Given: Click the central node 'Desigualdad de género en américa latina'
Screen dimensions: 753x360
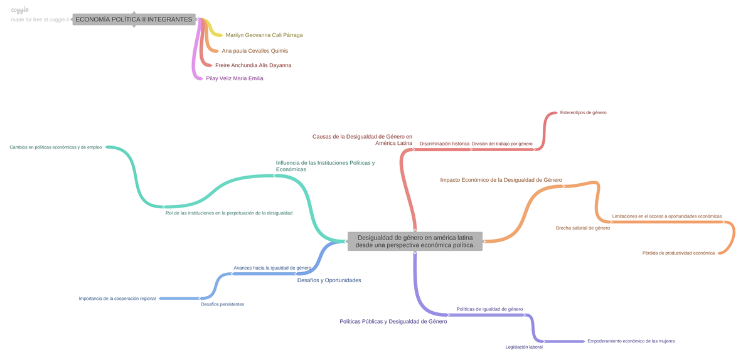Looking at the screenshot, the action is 415,241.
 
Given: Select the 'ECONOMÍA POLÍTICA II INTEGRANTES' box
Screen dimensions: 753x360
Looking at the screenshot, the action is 134,19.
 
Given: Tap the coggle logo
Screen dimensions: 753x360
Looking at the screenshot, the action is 20,10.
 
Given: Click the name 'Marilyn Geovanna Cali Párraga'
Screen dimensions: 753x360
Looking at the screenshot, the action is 264,35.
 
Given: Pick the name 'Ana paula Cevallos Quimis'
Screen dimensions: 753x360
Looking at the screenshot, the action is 255,51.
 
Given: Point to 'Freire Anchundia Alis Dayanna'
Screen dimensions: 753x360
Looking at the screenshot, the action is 253,65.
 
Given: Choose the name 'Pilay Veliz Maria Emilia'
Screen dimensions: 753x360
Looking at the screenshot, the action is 235,78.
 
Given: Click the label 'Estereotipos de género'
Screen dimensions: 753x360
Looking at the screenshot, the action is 583,113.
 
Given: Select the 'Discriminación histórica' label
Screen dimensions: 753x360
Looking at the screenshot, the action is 444,144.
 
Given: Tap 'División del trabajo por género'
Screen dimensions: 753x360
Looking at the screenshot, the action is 502,144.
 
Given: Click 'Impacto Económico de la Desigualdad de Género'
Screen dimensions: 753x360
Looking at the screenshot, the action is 501,180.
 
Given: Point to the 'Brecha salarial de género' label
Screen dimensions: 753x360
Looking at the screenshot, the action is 583,228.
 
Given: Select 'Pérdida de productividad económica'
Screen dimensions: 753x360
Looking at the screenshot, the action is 678,253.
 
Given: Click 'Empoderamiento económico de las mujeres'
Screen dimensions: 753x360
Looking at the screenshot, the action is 631,341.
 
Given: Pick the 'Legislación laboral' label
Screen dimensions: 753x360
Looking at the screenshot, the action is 524,347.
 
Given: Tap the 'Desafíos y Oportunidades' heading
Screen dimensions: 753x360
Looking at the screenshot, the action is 329,280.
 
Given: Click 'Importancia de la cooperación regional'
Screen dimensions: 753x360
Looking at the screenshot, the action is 117,299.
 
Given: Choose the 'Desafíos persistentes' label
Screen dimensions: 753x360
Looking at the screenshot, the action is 223,304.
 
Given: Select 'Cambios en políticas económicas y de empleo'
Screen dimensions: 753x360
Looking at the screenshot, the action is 56,147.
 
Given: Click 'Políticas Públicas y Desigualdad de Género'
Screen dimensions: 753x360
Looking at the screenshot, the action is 393,321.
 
